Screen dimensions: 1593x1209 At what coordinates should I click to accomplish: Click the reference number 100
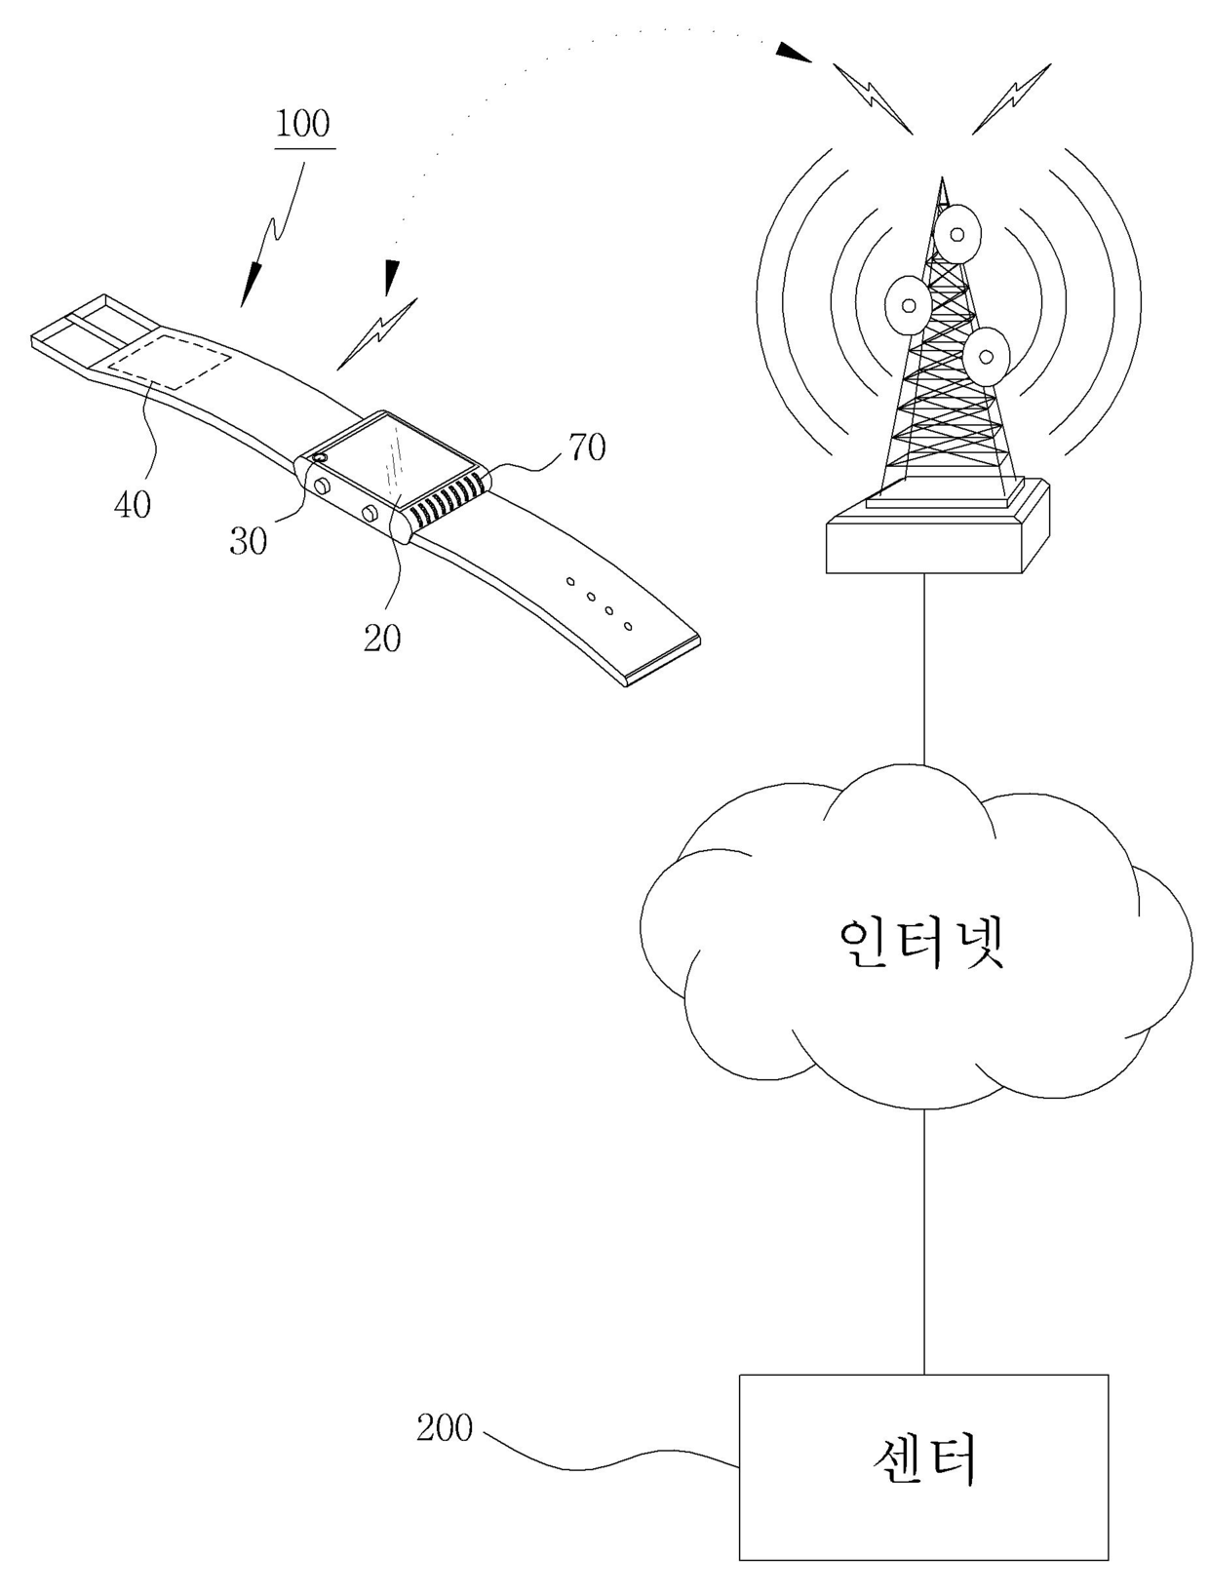303,125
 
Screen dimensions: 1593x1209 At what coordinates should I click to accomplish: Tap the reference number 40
133,504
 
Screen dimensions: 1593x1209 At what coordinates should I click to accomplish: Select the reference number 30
249,541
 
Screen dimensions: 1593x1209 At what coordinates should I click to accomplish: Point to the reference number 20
382,639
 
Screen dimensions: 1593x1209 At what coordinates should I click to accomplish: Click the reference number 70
587,447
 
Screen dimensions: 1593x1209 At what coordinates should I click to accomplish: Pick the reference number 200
444,1428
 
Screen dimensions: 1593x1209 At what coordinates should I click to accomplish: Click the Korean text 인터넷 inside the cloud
921,943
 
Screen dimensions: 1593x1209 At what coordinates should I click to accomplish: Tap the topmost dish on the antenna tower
955,234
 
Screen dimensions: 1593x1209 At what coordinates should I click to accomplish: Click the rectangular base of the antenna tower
923,546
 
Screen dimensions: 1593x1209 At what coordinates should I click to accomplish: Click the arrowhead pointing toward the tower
795,52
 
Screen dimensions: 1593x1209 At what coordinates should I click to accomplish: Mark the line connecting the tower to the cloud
923,668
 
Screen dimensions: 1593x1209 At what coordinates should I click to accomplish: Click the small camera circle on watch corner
319,456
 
